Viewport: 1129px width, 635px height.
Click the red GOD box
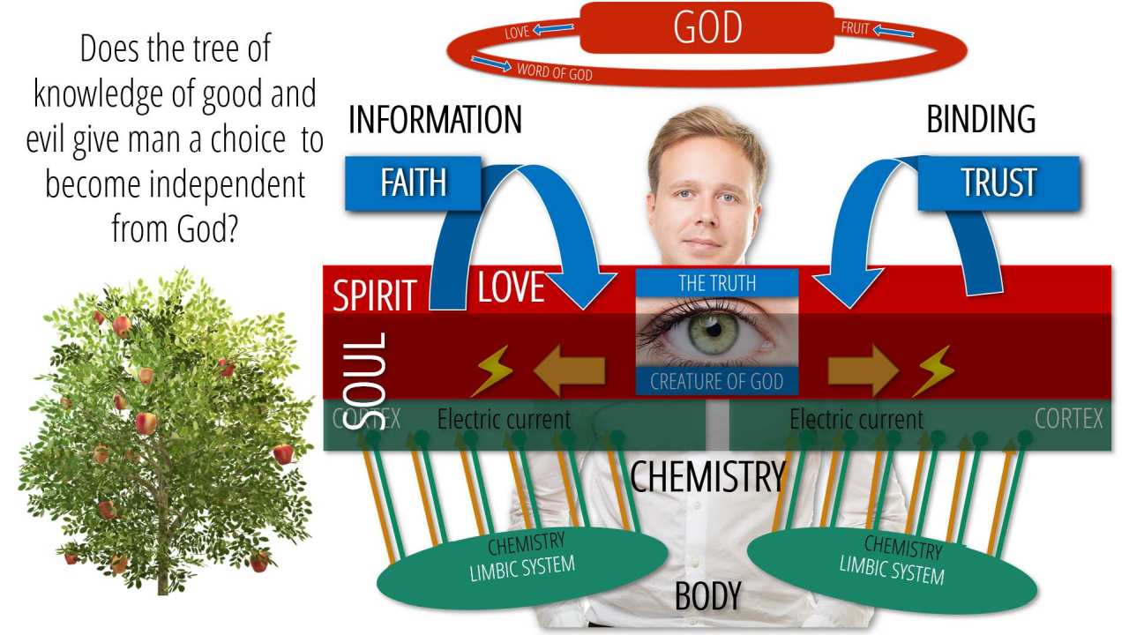click(x=707, y=27)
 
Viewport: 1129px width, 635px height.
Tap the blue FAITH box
click(x=413, y=183)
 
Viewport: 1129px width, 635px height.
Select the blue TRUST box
click(x=998, y=183)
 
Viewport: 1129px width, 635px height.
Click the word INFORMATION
click(x=435, y=120)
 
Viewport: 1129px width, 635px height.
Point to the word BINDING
click(x=981, y=120)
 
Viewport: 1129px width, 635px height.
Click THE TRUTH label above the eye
click(x=717, y=283)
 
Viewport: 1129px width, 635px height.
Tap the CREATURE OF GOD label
click(x=717, y=382)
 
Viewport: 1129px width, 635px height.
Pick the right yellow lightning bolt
click(x=932, y=371)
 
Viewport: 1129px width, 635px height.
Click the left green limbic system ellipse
click(x=522, y=565)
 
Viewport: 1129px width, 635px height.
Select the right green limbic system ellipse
click(x=892, y=565)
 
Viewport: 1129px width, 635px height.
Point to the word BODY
click(x=707, y=597)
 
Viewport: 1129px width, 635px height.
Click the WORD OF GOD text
click(x=555, y=72)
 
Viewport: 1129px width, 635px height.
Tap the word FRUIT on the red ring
click(x=856, y=28)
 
